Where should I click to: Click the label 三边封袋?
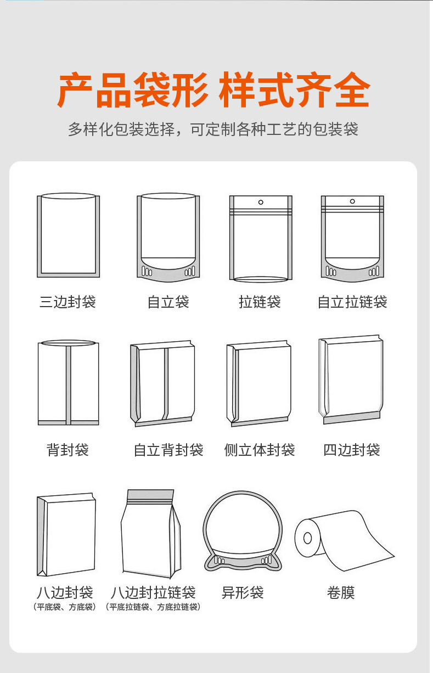coord(68,302)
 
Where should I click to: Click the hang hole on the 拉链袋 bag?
coord(261,202)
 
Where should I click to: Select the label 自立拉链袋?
coord(352,302)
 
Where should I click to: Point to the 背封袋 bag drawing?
coord(68,382)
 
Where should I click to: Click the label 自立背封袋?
coord(168,450)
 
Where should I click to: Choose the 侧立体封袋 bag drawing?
coord(258,383)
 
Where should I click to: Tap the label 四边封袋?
coord(352,450)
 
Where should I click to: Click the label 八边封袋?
coord(65,592)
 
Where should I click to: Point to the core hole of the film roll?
coord(307,537)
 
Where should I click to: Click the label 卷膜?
coord(341,592)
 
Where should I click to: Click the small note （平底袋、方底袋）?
coord(65,607)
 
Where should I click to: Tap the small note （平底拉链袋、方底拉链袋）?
coord(153,607)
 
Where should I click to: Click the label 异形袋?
coord(243,592)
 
